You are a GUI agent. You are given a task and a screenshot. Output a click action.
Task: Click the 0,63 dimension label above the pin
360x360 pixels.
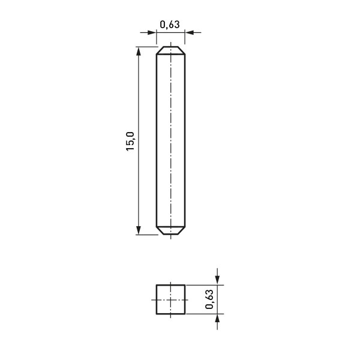(x=170, y=25)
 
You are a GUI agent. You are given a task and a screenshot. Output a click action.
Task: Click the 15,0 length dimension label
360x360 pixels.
(x=130, y=141)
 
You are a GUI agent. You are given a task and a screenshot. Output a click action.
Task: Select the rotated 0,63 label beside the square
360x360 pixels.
(x=209, y=299)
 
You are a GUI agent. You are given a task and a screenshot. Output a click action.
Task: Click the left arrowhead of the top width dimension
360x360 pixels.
(x=152, y=32)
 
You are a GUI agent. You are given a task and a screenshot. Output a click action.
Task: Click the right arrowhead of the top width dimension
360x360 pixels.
(x=190, y=32)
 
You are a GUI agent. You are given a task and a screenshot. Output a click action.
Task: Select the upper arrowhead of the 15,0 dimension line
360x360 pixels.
(x=138, y=52)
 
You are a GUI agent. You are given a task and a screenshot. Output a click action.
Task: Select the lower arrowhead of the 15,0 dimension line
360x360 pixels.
(x=138, y=230)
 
